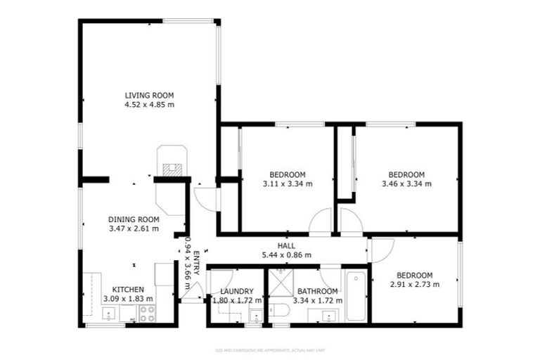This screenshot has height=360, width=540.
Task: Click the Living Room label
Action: click(x=149, y=95)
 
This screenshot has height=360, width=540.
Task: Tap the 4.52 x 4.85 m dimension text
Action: click(x=149, y=105)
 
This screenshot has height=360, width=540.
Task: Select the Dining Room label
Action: click(x=134, y=219)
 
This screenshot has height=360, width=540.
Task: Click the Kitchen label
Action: click(x=128, y=289)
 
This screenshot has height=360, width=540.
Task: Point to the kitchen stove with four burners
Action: click(x=148, y=313)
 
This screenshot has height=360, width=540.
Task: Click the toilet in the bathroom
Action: click(x=278, y=311)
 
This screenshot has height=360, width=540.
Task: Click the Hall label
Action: click(x=285, y=245)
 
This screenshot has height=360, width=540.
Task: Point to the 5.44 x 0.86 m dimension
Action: click(x=285, y=255)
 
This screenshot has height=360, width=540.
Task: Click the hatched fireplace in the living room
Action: click(x=172, y=169)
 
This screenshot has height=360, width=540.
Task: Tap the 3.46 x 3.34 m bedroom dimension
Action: click(x=406, y=184)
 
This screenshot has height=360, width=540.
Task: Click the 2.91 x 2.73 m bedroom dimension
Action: click(x=415, y=284)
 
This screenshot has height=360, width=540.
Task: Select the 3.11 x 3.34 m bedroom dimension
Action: click(x=287, y=184)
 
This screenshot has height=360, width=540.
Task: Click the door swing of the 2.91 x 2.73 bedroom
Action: click(x=381, y=250)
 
